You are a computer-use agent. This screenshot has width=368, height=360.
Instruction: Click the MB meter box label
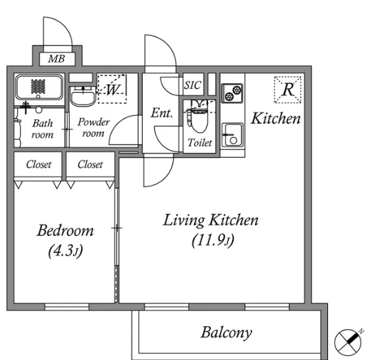(57, 59)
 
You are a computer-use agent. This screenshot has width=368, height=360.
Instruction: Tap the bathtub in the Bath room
(39, 87)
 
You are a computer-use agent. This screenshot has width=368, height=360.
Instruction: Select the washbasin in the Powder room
(83, 96)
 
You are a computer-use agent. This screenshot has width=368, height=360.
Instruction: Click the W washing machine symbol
(112, 89)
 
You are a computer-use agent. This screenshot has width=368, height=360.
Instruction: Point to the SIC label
(192, 85)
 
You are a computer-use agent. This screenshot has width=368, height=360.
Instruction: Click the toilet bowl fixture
(199, 116)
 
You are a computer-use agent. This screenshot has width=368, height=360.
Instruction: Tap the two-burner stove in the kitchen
(232, 93)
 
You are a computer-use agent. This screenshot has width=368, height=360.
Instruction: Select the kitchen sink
(232, 135)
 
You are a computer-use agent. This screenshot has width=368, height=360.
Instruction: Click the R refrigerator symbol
(288, 89)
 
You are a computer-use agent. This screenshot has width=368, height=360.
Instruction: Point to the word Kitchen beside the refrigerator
(276, 118)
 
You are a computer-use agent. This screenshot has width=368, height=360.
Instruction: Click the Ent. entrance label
(162, 113)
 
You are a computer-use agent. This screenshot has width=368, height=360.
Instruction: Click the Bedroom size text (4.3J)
(65, 251)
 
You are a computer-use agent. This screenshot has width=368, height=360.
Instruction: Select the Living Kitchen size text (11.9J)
(213, 241)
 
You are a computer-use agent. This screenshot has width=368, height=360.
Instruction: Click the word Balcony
(227, 333)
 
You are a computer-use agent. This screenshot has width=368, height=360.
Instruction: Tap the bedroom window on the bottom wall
(67, 307)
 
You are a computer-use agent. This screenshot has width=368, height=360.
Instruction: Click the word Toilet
(200, 142)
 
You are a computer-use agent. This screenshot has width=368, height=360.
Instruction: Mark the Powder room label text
(94, 127)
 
